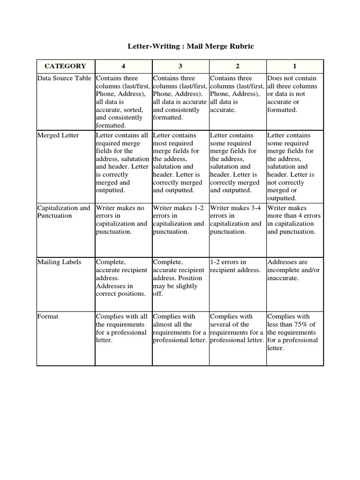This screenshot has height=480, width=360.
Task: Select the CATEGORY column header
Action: coord(65,66)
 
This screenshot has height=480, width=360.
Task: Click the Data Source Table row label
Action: coord(65,78)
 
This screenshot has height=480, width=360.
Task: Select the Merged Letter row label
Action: coord(58,135)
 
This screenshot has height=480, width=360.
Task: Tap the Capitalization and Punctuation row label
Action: coord(64,212)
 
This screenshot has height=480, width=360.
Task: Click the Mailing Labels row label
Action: coord(59,262)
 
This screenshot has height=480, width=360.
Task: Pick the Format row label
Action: coord(48,316)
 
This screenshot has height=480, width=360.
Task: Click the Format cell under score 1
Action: coord(294,332)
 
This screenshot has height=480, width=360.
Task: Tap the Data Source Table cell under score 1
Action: coord(292,94)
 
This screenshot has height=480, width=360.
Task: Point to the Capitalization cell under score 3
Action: coord(179,220)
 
